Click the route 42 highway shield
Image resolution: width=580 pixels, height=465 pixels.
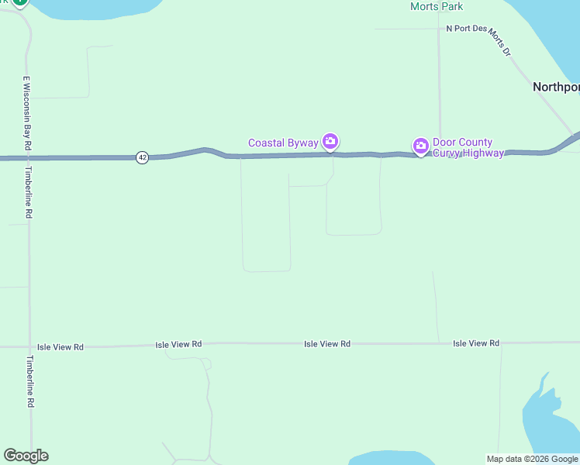click(141, 157)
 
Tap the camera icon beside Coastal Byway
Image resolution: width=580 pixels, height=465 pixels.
click(331, 141)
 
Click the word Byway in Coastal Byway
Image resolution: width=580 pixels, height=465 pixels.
click(301, 143)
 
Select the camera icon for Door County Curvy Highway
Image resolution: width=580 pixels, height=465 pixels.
click(420, 145)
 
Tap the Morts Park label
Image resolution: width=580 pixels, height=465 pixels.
click(437, 7)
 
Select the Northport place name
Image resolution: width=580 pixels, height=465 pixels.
click(556, 87)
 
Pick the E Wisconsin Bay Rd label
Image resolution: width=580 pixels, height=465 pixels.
click(26, 112)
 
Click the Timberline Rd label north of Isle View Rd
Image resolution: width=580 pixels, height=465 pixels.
click(29, 191)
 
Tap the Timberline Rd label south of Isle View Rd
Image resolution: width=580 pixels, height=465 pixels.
click(30, 381)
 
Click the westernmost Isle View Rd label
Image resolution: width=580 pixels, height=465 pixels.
click(60, 347)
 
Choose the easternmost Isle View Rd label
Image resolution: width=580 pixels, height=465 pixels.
click(476, 343)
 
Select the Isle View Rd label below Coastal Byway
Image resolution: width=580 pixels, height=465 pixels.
click(327, 343)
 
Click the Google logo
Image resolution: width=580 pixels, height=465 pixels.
click(26, 456)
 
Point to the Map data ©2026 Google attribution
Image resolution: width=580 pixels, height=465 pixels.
click(532, 459)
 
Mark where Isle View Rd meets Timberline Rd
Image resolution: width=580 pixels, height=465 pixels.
click(30, 346)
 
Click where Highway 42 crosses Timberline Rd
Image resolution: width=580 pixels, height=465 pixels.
click(28, 158)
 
